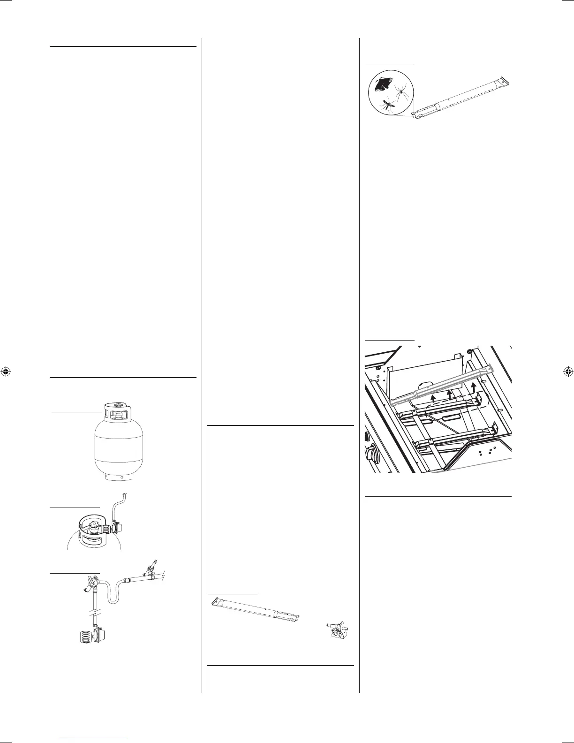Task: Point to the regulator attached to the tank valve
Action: pos(116,528)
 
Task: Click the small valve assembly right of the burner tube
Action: pos(338,629)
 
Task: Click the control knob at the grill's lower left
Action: pos(372,453)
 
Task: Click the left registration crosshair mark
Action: pos(6,371)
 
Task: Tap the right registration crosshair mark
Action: pos(567,371)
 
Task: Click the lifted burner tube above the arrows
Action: pos(441,384)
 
